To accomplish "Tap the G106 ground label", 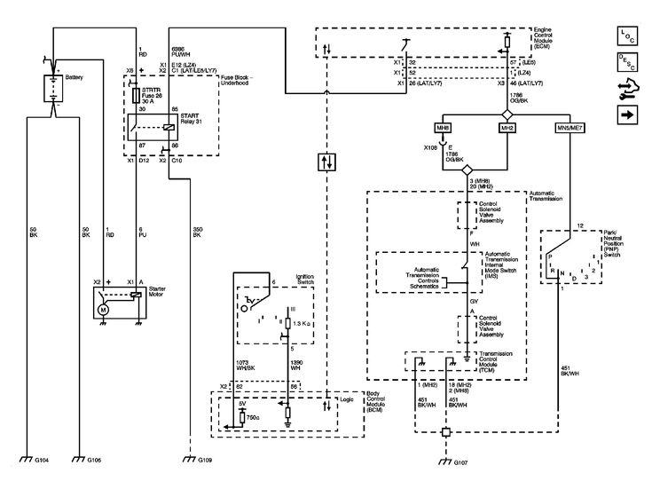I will [93, 461].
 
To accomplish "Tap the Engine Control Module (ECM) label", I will [550, 38].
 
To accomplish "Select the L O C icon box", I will [627, 35].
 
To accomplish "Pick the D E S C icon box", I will [627, 62].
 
